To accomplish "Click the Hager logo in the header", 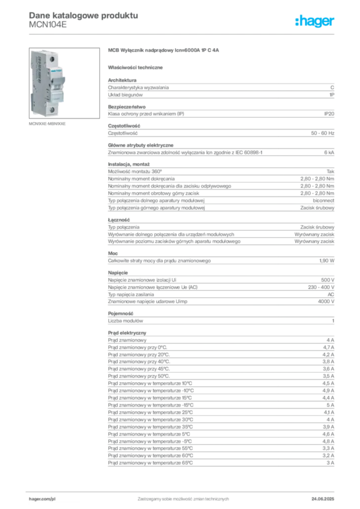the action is coord(315,21).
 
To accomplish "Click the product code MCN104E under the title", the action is coord(48,25).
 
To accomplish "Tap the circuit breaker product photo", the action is coord(64,83).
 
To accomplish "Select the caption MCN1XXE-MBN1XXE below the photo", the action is coord(47,124).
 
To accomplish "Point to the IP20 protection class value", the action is coord(329,114).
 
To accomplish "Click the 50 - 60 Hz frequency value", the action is coord(322,133).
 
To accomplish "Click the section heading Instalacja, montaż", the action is coord(129,164).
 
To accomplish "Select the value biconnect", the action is coord(323,201).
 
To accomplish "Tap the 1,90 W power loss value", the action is coord(327,260).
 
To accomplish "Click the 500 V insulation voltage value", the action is coord(328,280).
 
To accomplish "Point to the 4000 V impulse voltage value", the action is coord(326,302).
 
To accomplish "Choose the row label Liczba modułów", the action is coord(125,321).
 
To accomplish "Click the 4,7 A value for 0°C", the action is coord(328,347).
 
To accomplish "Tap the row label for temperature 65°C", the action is coord(150,463).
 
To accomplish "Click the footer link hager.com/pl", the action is coord(42,499).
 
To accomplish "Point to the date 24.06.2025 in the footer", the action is coord(323,499).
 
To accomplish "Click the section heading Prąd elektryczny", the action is coord(127,333).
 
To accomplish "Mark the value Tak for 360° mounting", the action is coord(331,171).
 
